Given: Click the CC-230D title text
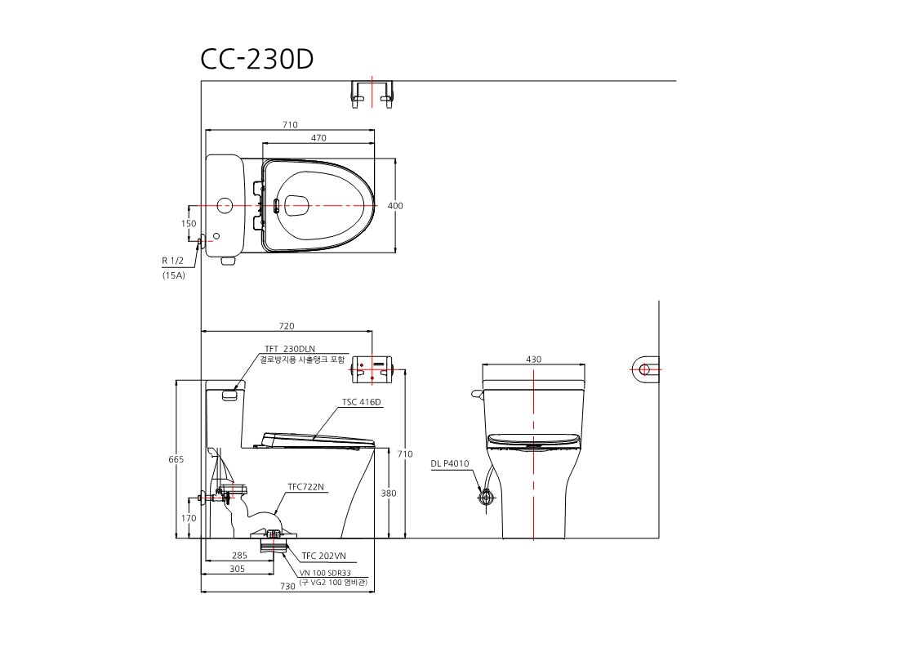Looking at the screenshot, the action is (x=256, y=59).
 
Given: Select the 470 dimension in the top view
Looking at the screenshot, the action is (x=318, y=138).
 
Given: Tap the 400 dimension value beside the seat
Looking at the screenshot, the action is (x=395, y=206).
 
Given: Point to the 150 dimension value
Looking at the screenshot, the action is (x=189, y=224).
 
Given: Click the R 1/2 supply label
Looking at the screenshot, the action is (x=172, y=261).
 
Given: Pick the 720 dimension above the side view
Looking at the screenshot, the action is (x=287, y=326).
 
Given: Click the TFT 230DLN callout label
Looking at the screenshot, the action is (x=290, y=350).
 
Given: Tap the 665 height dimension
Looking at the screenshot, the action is (x=176, y=459).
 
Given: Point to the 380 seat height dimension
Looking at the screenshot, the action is (x=389, y=494).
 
